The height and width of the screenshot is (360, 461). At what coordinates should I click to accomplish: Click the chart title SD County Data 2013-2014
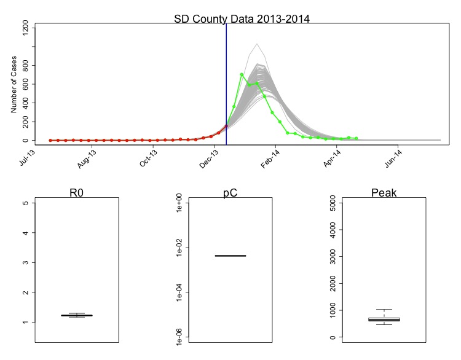click(x=242, y=18)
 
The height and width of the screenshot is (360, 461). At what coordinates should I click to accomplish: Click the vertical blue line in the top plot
click(x=226, y=74)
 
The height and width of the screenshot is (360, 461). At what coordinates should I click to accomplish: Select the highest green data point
click(x=242, y=74)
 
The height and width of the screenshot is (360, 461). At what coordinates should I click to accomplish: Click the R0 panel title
click(x=77, y=193)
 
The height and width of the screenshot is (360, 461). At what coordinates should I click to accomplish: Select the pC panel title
click(x=230, y=193)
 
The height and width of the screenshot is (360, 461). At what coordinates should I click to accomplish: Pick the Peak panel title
click(x=384, y=193)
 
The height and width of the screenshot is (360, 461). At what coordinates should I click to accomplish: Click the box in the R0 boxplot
click(x=77, y=315)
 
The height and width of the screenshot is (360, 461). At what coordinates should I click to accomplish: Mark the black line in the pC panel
click(x=230, y=256)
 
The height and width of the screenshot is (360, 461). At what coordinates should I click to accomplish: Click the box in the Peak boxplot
click(x=384, y=319)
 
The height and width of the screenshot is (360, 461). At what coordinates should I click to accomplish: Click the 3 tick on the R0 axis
click(x=25, y=263)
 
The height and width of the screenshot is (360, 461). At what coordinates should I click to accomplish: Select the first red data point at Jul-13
click(x=50, y=140)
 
